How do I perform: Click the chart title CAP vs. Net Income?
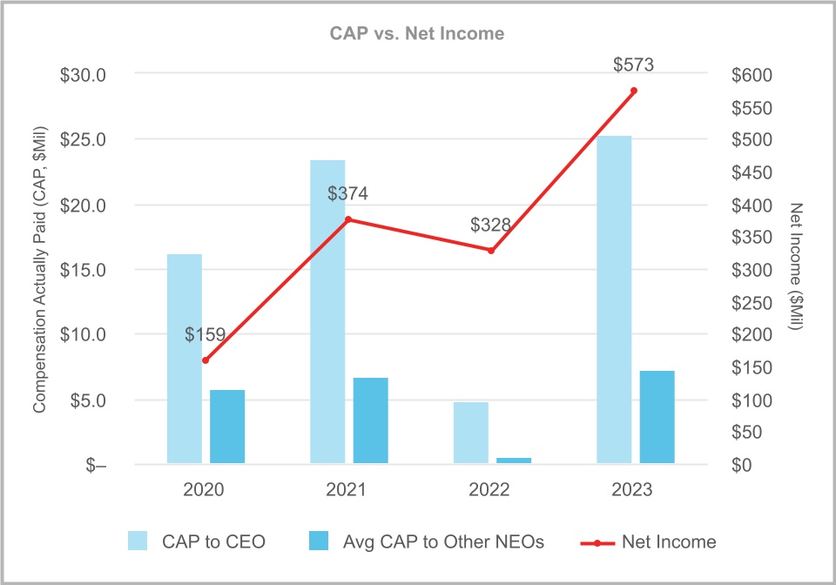[x=417, y=34]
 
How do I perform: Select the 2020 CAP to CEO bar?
[x=185, y=358]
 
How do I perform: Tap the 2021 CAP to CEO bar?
[x=327, y=311]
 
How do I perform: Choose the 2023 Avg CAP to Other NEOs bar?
[x=657, y=416]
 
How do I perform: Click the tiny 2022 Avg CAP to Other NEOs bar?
[x=514, y=460]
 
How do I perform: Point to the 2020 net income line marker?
[x=206, y=360]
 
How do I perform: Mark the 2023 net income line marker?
[x=634, y=91]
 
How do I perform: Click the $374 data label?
[x=348, y=194]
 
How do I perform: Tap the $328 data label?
[x=491, y=225]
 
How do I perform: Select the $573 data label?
[x=634, y=64]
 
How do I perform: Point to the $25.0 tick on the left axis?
[x=83, y=140]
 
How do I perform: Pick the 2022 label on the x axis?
[x=490, y=490]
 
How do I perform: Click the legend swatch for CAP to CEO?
[x=138, y=541]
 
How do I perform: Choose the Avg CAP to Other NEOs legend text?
[x=443, y=541]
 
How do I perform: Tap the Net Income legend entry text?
[x=669, y=541]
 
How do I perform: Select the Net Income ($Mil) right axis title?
[x=796, y=270]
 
